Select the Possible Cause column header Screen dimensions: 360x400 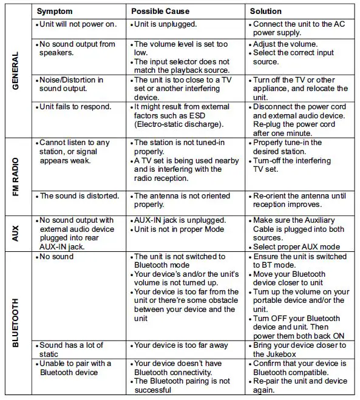tap(161, 11)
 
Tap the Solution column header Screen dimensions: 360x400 tap(266, 11)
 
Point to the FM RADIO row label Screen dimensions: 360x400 tap(16, 175)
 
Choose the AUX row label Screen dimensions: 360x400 tap(16, 232)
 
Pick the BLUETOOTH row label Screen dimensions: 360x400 tap(16, 322)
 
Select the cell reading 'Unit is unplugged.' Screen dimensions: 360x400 tap(165, 24)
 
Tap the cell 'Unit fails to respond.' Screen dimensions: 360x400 tap(75, 107)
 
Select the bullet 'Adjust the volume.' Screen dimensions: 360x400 tap(285, 44)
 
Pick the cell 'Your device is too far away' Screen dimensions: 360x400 tap(181, 345)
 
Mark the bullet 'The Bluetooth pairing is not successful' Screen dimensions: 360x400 tap(182, 385)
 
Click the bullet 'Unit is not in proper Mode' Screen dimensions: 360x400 tap(178, 229)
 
